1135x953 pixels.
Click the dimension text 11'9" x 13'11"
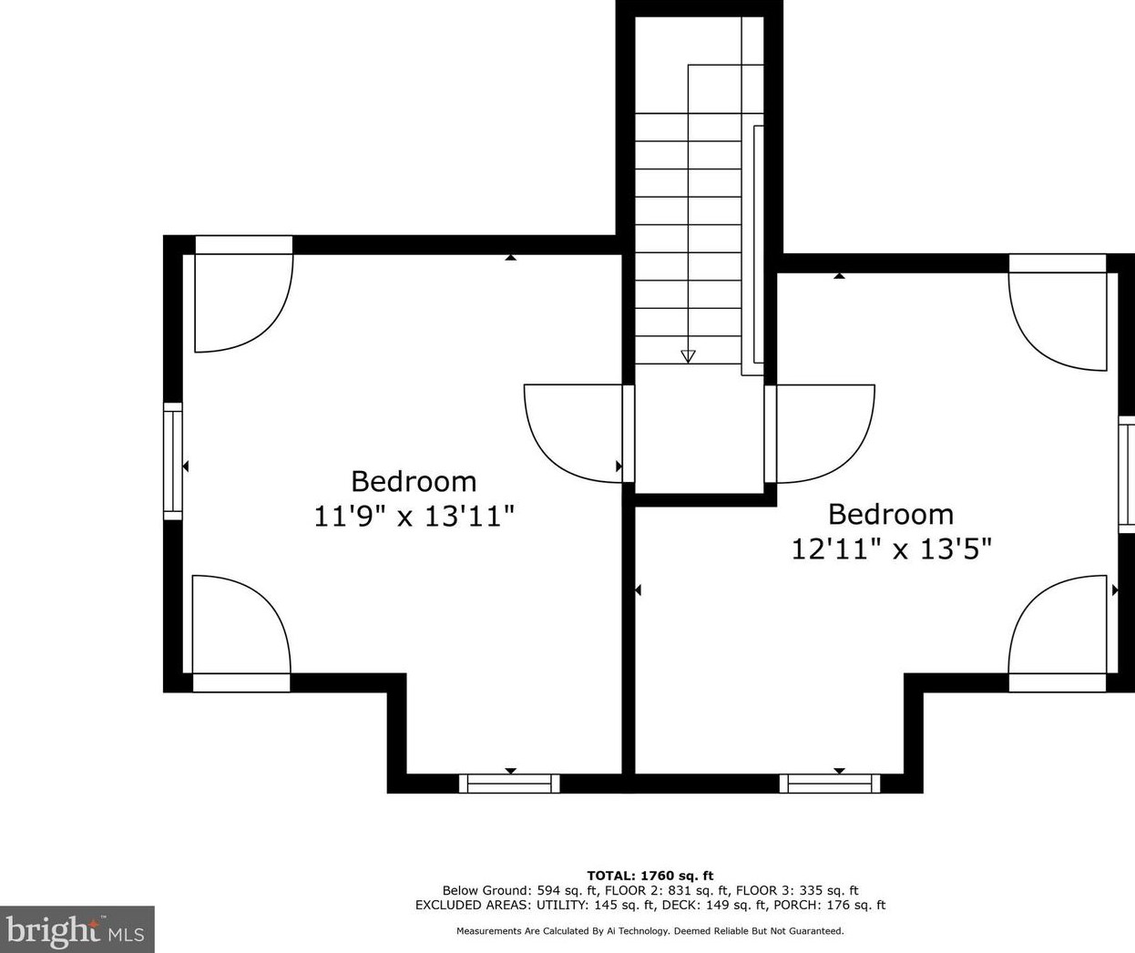coord(414,516)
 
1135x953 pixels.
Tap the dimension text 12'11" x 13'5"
coord(892,549)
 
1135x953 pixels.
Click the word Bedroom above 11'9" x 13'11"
coord(414,481)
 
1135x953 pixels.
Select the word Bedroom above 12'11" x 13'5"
coord(891,514)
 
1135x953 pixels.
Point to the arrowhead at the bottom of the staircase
coord(688,356)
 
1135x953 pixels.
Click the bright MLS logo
coord(77,929)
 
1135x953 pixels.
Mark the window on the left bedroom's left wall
coord(173,462)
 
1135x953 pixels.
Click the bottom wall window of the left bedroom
coord(509,784)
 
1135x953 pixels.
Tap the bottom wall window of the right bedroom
coord(830,784)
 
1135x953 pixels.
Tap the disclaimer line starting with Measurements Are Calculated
coord(650,931)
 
